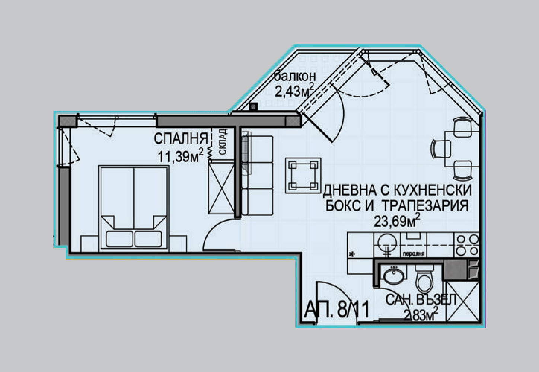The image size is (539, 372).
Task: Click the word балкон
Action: [294, 77]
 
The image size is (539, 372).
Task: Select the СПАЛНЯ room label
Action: [181, 139]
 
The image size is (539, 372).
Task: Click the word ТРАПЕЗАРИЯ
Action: [425, 205]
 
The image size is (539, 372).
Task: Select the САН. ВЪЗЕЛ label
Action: [420, 300]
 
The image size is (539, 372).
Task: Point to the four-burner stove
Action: [467, 245]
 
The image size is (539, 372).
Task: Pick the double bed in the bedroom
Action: [134, 208]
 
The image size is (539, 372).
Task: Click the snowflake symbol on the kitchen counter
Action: [351, 254]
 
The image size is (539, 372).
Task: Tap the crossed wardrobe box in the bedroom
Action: [221, 188]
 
